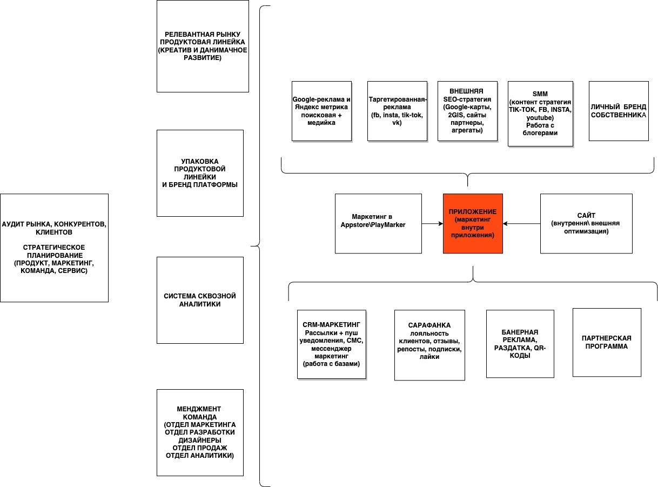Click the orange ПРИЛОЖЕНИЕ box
(x=473, y=223)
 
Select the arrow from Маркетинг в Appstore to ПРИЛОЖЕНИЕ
(x=432, y=223)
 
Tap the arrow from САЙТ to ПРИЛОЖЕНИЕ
(x=521, y=223)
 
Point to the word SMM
(x=540, y=94)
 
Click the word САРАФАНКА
(x=429, y=325)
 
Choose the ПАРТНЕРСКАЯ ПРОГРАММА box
(x=607, y=342)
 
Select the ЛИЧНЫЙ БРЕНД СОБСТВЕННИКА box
(x=619, y=111)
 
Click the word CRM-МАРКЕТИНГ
(x=331, y=324)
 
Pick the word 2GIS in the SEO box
(x=455, y=115)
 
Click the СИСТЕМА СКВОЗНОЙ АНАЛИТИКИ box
(x=200, y=300)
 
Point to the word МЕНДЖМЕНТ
(x=199, y=409)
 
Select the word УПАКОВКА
(x=200, y=161)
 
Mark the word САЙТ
(x=586, y=215)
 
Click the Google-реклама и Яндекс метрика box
(x=321, y=111)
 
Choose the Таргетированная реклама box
(x=397, y=111)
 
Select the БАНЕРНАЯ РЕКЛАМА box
(x=520, y=344)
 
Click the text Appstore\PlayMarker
(x=373, y=225)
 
